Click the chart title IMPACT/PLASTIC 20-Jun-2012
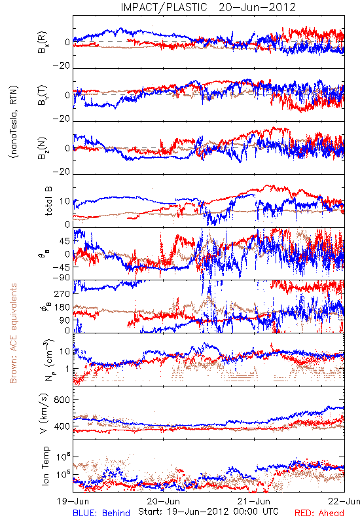(x=208, y=7)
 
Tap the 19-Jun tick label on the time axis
(x=73, y=501)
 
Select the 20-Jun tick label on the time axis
(x=163, y=501)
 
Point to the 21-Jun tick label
(x=254, y=501)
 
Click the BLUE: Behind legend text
(x=101, y=513)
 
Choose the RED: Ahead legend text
(x=319, y=513)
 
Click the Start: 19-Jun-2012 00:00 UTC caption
(x=208, y=512)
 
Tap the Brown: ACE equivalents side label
(x=13, y=333)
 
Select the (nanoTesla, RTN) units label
(x=14, y=122)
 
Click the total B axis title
(x=48, y=201)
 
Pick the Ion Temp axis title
(x=45, y=466)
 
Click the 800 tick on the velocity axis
(x=62, y=400)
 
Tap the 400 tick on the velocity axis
(x=62, y=426)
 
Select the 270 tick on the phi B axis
(x=62, y=293)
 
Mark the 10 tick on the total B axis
(x=65, y=202)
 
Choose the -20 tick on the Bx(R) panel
(x=61, y=66)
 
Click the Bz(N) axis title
(x=43, y=148)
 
